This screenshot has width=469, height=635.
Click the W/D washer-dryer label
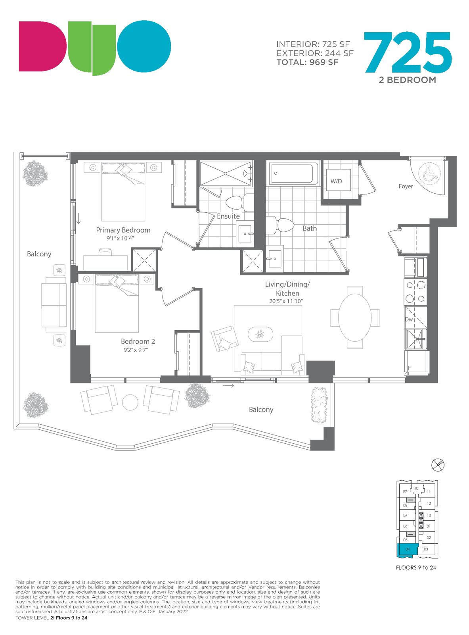pyautogui.click(x=336, y=181)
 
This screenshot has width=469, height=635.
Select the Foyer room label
pyautogui.click(x=406, y=186)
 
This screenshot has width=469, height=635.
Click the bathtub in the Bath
pyautogui.click(x=293, y=173)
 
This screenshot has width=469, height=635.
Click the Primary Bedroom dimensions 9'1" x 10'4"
pyautogui.click(x=120, y=238)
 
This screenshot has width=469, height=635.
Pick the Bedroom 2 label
pyautogui.click(x=138, y=341)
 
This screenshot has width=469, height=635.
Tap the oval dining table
pyautogui.click(x=354, y=318)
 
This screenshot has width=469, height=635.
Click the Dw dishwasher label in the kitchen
pyautogui.click(x=409, y=319)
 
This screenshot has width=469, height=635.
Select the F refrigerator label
pyautogui.click(x=409, y=368)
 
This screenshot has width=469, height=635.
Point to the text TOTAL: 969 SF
pyautogui.click(x=307, y=62)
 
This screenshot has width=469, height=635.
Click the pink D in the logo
pyautogui.click(x=42, y=46)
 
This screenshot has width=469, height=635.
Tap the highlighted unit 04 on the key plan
pyautogui.click(x=407, y=549)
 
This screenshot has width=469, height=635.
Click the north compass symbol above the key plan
pyautogui.click(x=438, y=465)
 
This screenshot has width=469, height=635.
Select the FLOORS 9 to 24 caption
pyautogui.click(x=416, y=568)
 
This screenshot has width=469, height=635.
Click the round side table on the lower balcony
pyautogui.click(x=130, y=402)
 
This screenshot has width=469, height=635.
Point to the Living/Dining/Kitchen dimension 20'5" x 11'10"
pyautogui.click(x=286, y=301)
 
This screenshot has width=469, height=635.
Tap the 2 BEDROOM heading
pyautogui.click(x=408, y=80)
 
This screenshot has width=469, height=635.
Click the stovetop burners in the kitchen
pyautogui.click(x=415, y=292)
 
